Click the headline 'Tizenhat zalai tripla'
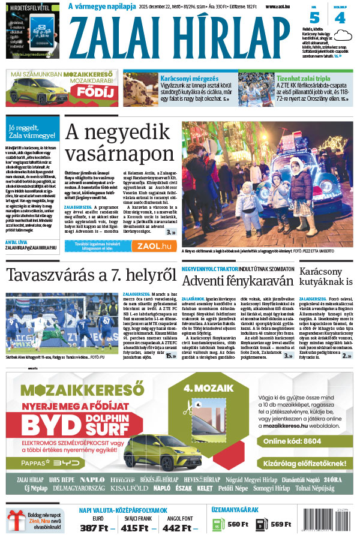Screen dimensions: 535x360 click(305, 78)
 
